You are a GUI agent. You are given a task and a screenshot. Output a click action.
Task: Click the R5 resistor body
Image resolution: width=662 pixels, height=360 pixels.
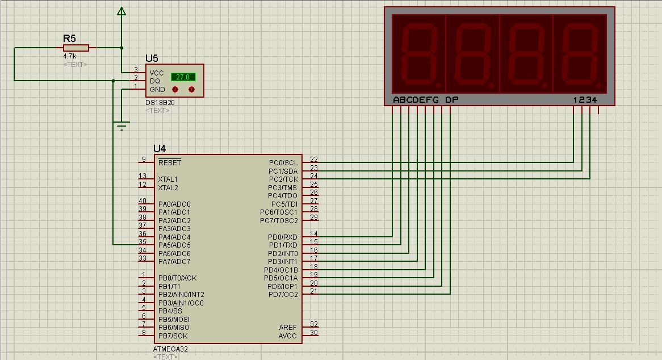click(76, 48)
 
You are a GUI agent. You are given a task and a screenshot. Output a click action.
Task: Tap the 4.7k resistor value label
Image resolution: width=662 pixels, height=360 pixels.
click(70, 56)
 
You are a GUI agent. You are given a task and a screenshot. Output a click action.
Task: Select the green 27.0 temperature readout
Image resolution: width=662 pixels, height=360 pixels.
click(183, 77)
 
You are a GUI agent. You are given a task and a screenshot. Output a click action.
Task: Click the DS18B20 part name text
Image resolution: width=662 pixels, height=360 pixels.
click(160, 103)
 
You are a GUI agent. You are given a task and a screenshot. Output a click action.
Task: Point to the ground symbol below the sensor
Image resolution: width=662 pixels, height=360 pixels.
click(121, 125)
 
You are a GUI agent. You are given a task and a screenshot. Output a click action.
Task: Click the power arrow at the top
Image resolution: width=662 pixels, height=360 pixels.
click(121, 11)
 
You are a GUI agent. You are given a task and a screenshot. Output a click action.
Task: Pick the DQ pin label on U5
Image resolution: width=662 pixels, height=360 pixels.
click(155, 81)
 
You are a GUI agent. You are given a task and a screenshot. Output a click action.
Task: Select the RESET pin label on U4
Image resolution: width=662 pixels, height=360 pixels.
click(169, 162)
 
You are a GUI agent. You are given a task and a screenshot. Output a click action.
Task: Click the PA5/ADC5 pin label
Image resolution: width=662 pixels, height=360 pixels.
click(174, 245)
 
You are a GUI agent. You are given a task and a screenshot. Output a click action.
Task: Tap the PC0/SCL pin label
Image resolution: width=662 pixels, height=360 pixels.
click(283, 163)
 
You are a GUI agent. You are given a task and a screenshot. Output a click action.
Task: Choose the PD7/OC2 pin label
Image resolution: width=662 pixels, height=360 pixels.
click(283, 295)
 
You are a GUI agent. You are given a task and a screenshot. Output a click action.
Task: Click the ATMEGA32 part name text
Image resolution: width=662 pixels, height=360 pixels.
click(170, 349)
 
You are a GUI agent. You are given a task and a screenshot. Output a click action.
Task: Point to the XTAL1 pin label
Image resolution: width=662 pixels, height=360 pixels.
click(167, 179)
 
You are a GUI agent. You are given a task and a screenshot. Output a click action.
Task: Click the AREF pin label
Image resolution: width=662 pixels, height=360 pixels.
click(287, 328)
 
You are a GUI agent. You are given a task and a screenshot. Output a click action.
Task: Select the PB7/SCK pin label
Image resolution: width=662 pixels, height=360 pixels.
click(173, 336)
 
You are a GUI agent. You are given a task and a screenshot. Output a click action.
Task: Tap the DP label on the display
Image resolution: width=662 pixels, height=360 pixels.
click(451, 100)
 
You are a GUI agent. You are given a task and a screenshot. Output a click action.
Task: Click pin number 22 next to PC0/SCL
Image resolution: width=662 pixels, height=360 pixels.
click(314, 159)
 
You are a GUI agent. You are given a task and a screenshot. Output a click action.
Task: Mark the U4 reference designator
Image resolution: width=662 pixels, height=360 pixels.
click(160, 149)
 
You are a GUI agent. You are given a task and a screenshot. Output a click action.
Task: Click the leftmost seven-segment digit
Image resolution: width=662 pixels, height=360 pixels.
click(419, 54)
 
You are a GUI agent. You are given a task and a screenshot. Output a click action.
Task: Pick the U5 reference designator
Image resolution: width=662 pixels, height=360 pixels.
click(152, 58)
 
